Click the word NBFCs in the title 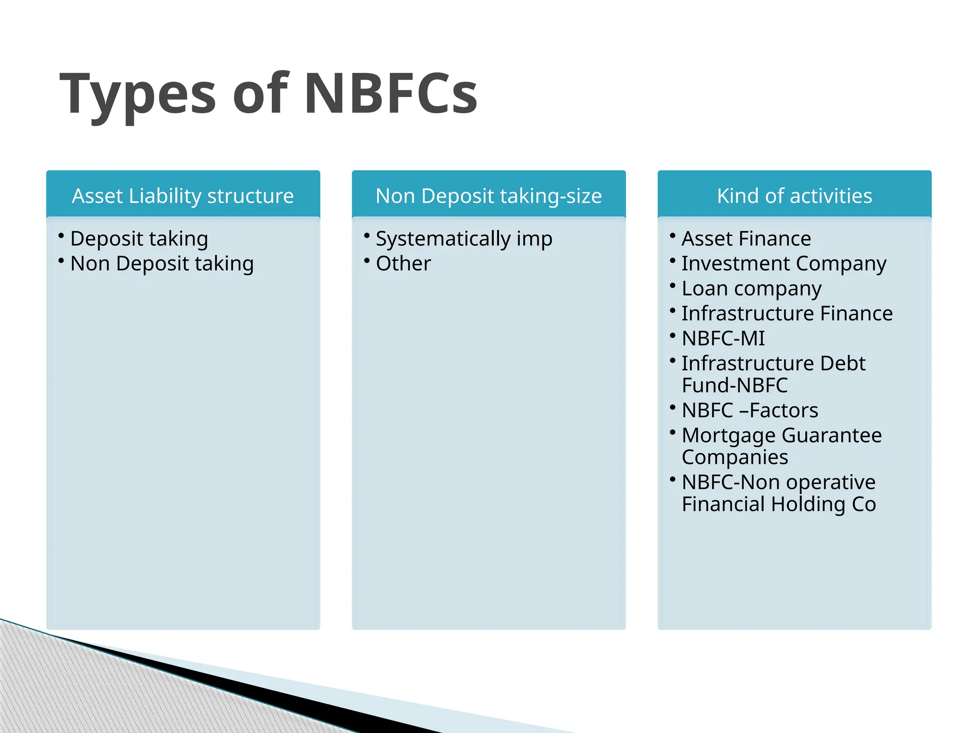pyautogui.click(x=391, y=93)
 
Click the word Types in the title pyautogui.click(x=138, y=93)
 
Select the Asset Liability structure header pyautogui.click(x=183, y=196)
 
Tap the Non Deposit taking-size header pyautogui.click(x=489, y=196)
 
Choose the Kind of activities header pyautogui.click(x=794, y=196)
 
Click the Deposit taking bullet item pyautogui.click(x=139, y=239)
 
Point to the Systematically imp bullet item pyautogui.click(x=464, y=239)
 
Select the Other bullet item pyautogui.click(x=403, y=263)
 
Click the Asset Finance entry pyautogui.click(x=746, y=239)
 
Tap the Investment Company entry pyautogui.click(x=784, y=263)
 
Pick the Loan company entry pyautogui.click(x=751, y=289)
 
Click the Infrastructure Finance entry pyautogui.click(x=787, y=314)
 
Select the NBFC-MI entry pyautogui.click(x=723, y=338)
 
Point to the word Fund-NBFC pyautogui.click(x=734, y=385)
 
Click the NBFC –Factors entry pyautogui.click(x=750, y=410)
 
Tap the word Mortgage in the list pyautogui.click(x=728, y=436)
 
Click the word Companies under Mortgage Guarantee pyautogui.click(x=734, y=457)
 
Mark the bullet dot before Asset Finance pyautogui.click(x=672, y=235)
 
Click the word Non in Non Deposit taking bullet pyautogui.click(x=90, y=263)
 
